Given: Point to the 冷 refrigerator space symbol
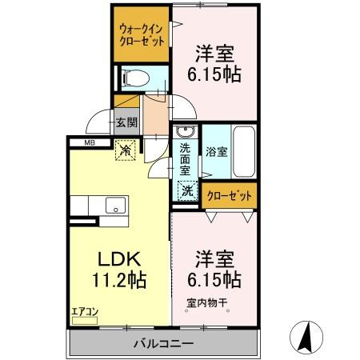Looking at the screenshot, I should tap(126, 148).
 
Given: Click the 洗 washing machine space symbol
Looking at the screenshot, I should tap(186, 191).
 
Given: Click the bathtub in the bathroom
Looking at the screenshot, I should tap(243, 152).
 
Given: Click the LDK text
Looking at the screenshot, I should tap(119, 259).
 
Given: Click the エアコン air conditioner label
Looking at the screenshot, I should tap(83, 311).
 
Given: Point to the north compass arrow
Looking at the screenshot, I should tap(305, 336).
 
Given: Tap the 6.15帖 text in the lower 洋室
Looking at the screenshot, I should tap(214, 280).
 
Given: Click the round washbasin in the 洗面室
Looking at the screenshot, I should tap(186, 132).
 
